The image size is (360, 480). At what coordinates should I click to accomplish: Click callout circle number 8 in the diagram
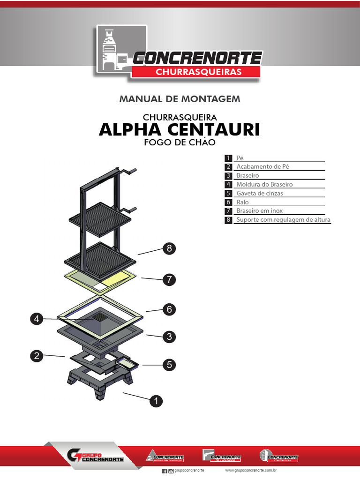tap(169, 249)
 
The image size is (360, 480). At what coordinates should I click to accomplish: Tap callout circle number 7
tap(169, 280)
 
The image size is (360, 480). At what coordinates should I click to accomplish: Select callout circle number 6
tap(169, 309)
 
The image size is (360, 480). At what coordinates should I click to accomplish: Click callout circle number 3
tap(169, 337)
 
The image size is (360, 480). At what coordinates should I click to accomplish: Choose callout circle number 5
tap(169, 364)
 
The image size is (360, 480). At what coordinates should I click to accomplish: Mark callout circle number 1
tap(156, 401)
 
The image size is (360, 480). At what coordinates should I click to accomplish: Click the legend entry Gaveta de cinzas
tap(260, 193)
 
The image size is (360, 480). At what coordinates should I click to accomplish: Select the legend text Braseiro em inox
tap(260, 211)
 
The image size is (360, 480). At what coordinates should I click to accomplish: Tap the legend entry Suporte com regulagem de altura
tap(283, 220)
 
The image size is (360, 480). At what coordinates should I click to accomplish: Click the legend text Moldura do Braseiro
tap(264, 184)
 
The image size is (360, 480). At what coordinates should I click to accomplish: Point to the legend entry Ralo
tap(243, 202)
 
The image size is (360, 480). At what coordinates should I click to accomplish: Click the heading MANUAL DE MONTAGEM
tap(180, 99)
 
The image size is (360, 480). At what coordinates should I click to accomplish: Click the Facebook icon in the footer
tap(164, 471)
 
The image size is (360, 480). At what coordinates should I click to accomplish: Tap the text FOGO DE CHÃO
tap(180, 142)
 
